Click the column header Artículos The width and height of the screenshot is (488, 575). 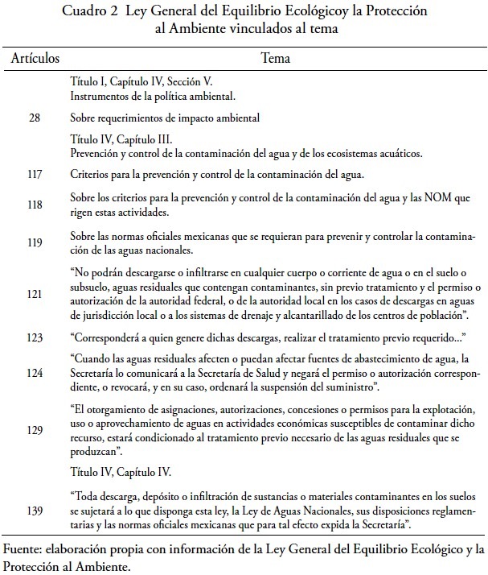coord(35,60)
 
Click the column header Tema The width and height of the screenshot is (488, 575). coord(276,60)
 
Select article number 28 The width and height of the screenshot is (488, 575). coord(35,118)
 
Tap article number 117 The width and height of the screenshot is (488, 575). coord(35,175)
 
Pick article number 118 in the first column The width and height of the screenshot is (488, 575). coord(35,205)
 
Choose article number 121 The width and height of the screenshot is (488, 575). coord(35,296)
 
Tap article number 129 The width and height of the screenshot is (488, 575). coord(35,431)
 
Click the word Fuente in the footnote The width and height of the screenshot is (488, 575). coord(27,551)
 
